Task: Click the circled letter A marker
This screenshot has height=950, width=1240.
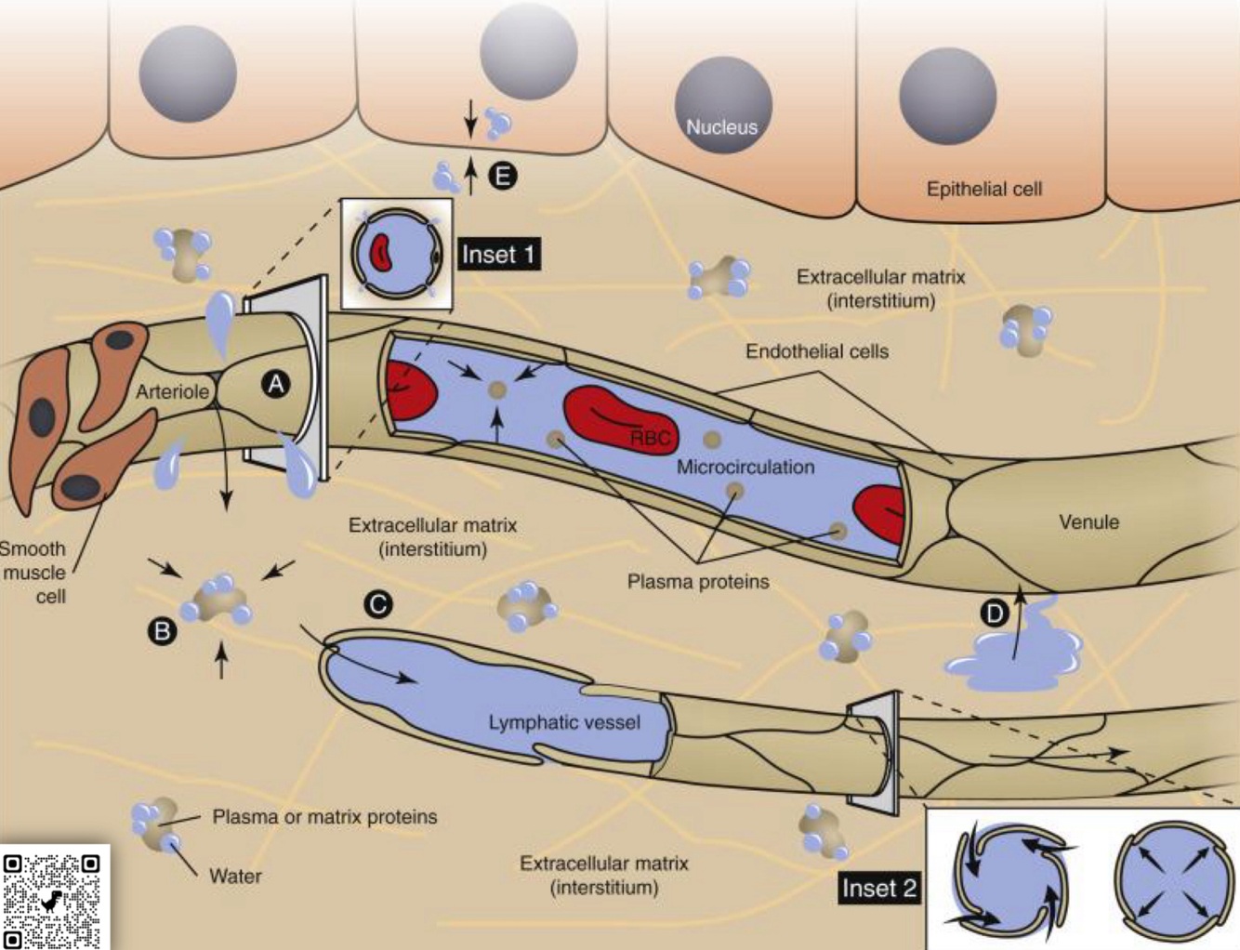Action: click(x=275, y=384)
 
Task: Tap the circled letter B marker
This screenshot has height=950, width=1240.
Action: click(x=162, y=632)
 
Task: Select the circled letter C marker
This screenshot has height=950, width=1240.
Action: click(x=377, y=605)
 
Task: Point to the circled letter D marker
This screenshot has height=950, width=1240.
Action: click(x=995, y=614)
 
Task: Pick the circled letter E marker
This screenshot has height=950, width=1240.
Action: click(x=503, y=176)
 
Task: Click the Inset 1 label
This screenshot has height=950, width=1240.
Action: click(x=499, y=255)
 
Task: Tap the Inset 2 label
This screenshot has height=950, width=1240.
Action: click(x=878, y=888)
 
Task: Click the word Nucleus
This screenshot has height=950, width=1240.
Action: click(x=721, y=127)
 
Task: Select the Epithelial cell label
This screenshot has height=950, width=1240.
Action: click(x=983, y=189)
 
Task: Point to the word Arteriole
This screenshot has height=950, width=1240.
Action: click(x=173, y=391)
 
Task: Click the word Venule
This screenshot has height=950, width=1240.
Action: click(x=1088, y=521)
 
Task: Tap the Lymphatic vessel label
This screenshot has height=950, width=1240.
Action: click(x=564, y=722)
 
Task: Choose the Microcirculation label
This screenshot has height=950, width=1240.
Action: click(x=745, y=467)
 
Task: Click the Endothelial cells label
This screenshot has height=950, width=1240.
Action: click(x=816, y=351)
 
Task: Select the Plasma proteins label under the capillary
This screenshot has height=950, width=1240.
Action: click(x=698, y=582)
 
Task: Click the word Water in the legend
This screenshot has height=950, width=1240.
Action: click(x=235, y=876)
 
